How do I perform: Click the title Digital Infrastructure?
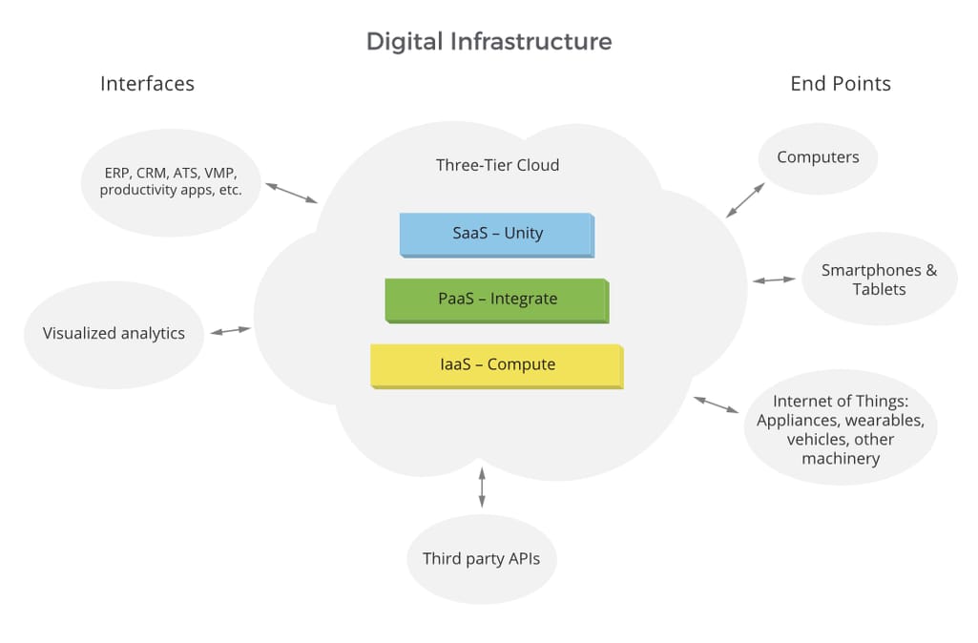tap(489, 42)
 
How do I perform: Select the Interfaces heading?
tap(147, 84)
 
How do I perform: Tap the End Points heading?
tap(840, 84)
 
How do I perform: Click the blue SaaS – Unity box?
tap(496, 234)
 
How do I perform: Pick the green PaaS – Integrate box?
tap(496, 300)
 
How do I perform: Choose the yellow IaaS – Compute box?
tap(496, 365)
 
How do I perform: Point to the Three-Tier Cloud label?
tap(497, 165)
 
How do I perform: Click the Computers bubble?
tap(818, 158)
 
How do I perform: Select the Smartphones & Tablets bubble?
tap(879, 280)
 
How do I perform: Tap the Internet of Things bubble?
tap(841, 429)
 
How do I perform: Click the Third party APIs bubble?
tap(481, 559)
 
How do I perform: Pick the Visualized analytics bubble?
tap(114, 334)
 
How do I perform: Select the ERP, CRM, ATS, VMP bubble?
tap(171, 181)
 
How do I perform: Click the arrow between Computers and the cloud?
tap(745, 200)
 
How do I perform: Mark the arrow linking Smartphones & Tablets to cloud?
tap(774, 280)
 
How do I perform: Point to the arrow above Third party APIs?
tap(481, 487)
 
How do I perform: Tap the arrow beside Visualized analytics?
tap(230, 331)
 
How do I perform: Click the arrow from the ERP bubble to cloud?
tap(291, 193)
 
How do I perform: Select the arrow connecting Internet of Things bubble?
tap(716, 404)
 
